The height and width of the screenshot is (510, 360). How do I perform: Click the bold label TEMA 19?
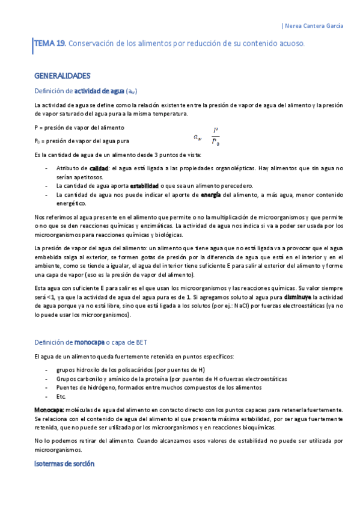50,44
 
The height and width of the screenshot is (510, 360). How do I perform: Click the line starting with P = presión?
79,127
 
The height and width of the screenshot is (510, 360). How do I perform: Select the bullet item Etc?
61,396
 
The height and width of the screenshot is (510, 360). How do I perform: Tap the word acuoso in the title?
290,44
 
